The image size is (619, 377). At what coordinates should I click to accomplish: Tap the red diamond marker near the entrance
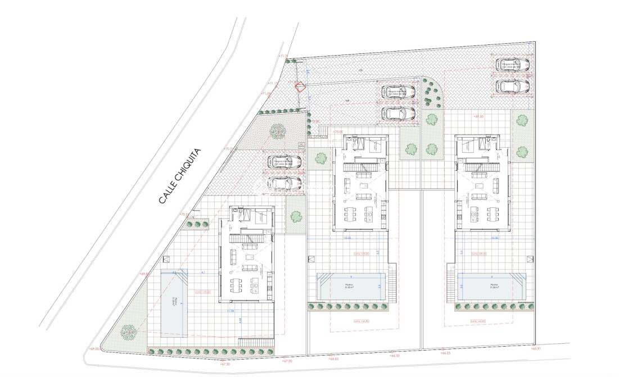tap(300, 87)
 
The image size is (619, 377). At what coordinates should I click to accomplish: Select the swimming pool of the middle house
tap(353, 287)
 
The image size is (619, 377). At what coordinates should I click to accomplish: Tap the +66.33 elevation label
tap(394, 356)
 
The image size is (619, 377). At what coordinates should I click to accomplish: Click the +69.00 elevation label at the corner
tap(93, 349)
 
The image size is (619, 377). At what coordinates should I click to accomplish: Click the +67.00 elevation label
tap(287, 361)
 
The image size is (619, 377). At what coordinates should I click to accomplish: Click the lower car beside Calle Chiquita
tap(284, 183)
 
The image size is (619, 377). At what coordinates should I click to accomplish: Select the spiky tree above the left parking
tap(277, 130)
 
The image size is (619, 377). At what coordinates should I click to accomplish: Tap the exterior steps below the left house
tap(256, 342)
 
